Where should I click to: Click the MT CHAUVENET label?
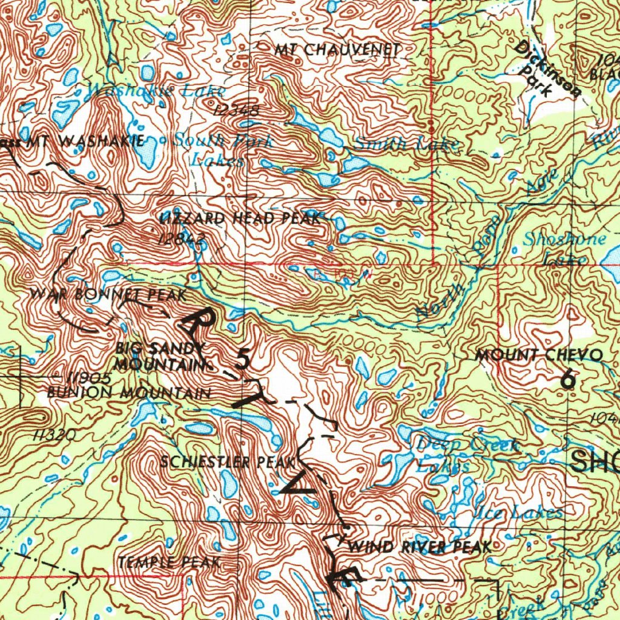(337, 50)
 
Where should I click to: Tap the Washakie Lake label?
(156, 91)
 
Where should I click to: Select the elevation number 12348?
(237, 111)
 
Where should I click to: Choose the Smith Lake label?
(406, 144)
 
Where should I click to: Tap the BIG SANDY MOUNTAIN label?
(160, 357)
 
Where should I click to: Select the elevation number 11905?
(89, 379)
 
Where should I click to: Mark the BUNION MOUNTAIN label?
(129, 393)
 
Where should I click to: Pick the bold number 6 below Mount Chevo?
(567, 380)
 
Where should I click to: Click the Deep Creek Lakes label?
(466, 455)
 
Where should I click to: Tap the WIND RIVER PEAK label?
(420, 548)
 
